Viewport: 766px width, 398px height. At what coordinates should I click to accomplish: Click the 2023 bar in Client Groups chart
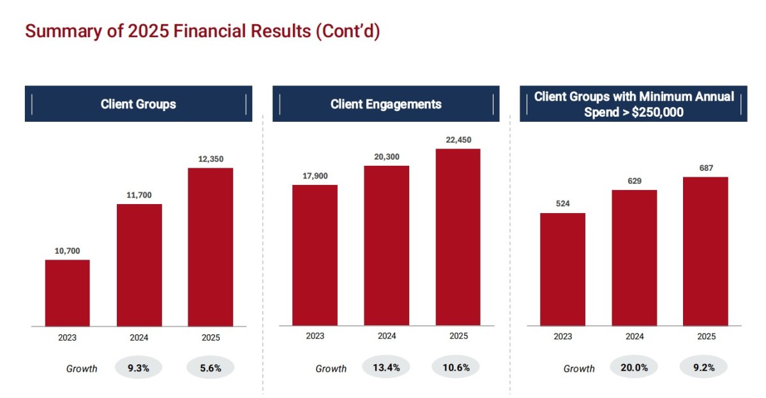68,293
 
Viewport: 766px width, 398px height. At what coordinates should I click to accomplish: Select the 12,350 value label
211,159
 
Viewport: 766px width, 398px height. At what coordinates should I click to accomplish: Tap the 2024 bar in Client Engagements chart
386,246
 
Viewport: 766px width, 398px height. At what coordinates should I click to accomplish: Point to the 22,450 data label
458,140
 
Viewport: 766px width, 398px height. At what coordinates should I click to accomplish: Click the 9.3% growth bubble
139,367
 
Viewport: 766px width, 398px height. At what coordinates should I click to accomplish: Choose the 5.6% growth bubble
210,367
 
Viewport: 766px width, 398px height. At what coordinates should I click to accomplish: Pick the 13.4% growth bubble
386,367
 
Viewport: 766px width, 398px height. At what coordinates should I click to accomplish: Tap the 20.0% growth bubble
634,367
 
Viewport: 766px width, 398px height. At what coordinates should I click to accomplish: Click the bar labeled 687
705,251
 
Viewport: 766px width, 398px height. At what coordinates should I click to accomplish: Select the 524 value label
562,204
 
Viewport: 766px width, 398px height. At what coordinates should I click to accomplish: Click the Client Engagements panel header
386,104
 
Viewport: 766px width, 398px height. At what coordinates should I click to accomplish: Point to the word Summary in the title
64,31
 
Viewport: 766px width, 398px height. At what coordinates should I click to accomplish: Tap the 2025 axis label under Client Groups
211,337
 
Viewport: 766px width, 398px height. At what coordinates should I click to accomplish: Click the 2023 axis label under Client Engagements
315,336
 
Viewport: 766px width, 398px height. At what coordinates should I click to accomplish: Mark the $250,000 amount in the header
657,112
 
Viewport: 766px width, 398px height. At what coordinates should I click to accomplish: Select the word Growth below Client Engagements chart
331,369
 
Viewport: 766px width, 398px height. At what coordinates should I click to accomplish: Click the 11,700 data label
139,195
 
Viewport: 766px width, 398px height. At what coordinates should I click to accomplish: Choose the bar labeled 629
635,258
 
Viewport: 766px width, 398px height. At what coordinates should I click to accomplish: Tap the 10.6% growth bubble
456,367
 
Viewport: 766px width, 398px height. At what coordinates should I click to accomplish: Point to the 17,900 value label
315,176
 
